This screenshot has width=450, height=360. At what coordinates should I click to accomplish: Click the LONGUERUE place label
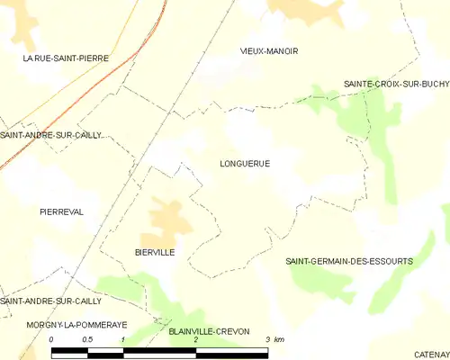tap(244, 164)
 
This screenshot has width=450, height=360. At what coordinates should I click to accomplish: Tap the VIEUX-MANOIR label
tap(269, 51)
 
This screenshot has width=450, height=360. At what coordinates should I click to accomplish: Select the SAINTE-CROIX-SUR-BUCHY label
tap(396, 84)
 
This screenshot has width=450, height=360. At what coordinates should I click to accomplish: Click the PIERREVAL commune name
tap(61, 211)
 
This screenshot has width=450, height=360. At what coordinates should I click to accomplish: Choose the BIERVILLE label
tap(154, 253)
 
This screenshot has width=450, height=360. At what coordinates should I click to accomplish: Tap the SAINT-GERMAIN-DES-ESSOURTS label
tap(349, 261)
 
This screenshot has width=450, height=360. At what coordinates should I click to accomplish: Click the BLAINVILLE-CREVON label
tap(209, 331)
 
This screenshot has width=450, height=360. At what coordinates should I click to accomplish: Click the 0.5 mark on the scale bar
tap(86, 339)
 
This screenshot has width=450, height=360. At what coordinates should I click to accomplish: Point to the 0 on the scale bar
tap(52, 339)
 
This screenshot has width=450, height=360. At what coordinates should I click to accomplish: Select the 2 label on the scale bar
tap(195, 339)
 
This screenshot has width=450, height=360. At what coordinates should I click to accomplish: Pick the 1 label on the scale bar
tap(122, 339)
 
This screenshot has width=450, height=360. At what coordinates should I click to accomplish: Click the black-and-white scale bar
tap(159, 351)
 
